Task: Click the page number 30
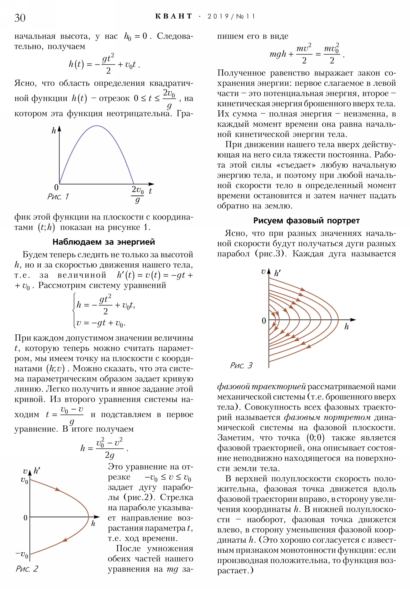[20, 18]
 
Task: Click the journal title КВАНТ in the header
[173, 16]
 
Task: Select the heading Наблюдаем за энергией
[104, 242]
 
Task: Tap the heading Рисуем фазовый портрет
[306, 220]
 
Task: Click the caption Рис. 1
[58, 196]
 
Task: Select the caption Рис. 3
[241, 365]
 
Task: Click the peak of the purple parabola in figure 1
[97, 126]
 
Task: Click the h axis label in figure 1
[54, 131]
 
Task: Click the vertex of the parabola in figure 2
[88, 517]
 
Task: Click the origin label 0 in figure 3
[264, 321]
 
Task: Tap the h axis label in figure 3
[346, 327]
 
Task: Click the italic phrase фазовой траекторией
[261, 386]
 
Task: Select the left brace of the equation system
[74, 310]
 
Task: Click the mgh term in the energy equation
[278, 54]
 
